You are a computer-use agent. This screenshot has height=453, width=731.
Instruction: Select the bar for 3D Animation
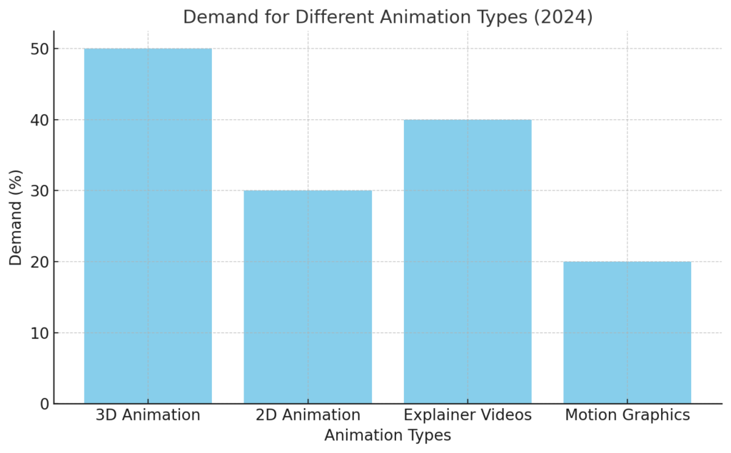(x=148, y=225)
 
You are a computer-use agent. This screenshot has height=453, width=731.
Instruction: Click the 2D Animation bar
(x=308, y=297)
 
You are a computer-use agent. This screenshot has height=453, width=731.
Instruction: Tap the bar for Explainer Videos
(x=468, y=261)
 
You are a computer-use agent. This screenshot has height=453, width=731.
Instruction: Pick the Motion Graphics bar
(x=627, y=332)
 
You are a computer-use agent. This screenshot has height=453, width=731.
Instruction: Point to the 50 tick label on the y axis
(x=39, y=49)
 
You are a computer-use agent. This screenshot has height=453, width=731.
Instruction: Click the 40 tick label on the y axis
(x=39, y=120)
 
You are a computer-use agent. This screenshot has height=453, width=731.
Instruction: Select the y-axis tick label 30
(x=39, y=191)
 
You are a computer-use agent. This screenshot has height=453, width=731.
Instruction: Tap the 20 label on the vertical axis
(x=39, y=262)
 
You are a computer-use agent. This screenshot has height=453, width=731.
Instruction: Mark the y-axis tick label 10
(x=39, y=333)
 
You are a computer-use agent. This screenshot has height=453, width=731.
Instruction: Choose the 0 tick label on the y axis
(x=44, y=404)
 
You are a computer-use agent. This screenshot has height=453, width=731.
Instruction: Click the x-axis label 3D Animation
(x=148, y=415)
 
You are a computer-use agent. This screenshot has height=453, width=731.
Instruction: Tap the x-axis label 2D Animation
(x=308, y=415)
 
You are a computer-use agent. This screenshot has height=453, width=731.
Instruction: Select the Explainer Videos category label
(x=468, y=415)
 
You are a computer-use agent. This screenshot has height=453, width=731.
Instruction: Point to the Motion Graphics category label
(x=627, y=415)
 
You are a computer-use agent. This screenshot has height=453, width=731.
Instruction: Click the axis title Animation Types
(x=388, y=435)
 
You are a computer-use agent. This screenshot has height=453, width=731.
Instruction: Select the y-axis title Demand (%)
(x=16, y=217)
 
